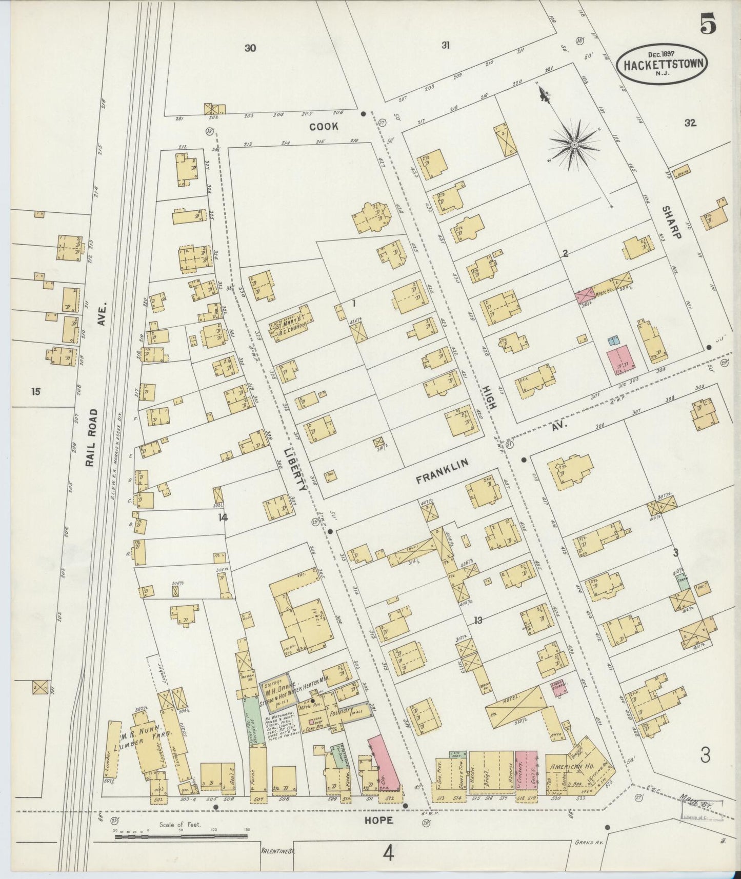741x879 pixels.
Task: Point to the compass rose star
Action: coord(574,145)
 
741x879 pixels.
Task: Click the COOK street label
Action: coord(324,126)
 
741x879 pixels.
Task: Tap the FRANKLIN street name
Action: coord(442,472)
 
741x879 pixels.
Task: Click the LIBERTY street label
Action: coord(294,469)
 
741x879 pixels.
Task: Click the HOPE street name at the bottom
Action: coord(378,820)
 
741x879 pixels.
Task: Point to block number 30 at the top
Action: coord(250,48)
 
